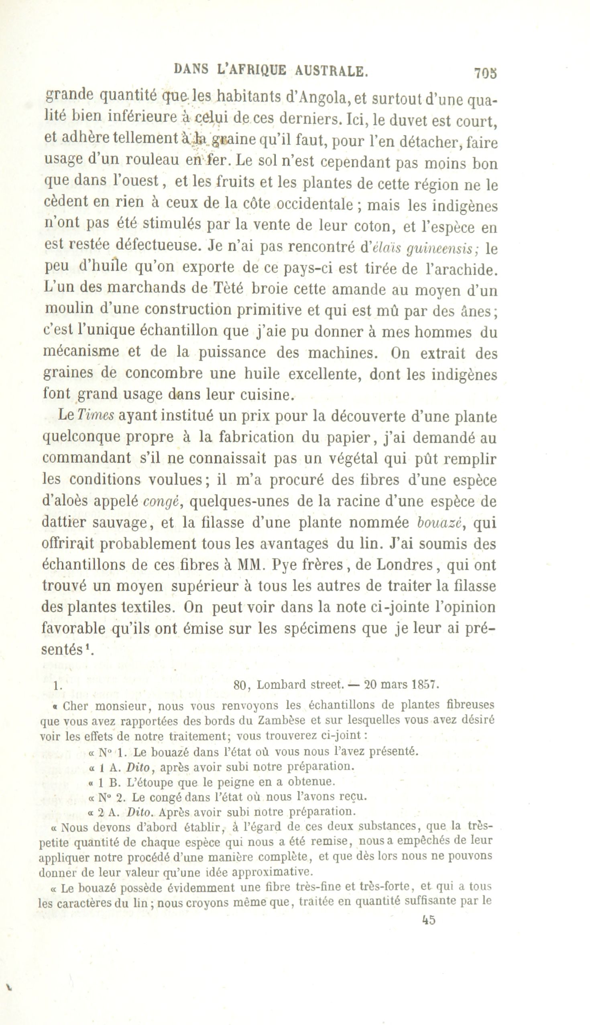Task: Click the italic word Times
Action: (x=96, y=415)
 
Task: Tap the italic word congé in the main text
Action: (x=162, y=502)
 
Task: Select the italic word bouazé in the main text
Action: (x=439, y=523)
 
